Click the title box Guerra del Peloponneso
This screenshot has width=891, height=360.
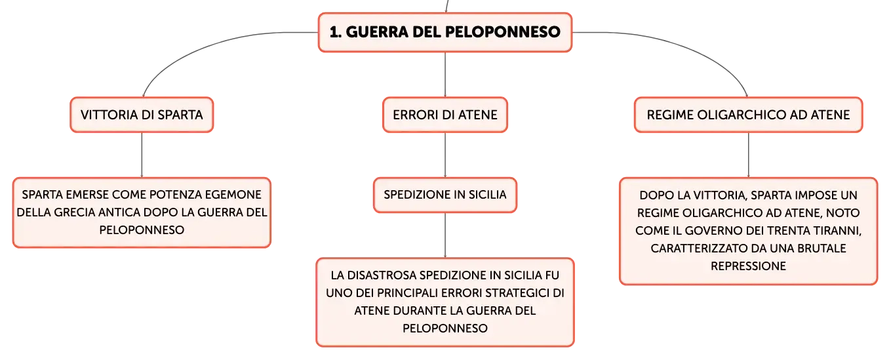(445, 32)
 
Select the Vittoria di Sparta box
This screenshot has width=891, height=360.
(142, 115)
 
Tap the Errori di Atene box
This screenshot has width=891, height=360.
(445, 115)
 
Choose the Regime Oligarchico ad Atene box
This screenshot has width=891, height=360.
(748, 115)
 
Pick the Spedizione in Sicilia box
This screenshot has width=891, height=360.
(445, 195)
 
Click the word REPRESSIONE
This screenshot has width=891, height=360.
(748, 266)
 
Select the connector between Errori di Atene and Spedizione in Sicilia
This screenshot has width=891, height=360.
(445, 155)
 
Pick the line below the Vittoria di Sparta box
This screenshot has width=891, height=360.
(142, 155)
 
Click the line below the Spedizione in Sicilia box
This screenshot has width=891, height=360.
(445, 235)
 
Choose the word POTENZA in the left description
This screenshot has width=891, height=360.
(174, 195)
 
